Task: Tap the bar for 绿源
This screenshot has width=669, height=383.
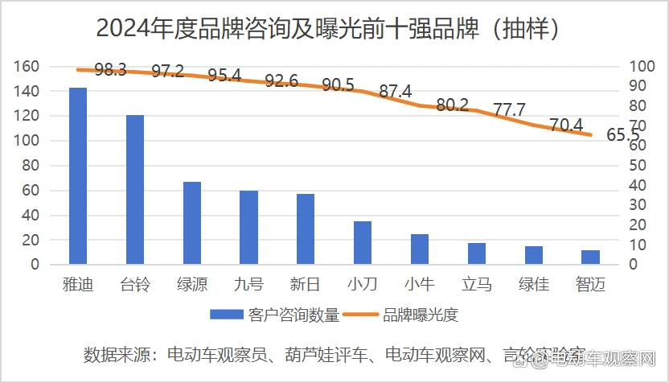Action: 192,223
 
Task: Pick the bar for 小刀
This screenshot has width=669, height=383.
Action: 363,242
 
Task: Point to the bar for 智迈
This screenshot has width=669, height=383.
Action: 590,257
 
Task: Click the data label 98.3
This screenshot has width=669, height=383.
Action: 110,70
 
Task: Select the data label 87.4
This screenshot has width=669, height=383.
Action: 395,92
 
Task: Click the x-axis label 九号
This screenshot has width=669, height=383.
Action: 248,284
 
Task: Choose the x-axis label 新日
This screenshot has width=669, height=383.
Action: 306,284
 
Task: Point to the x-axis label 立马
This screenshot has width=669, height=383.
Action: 477,284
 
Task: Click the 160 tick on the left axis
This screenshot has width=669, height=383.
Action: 27,67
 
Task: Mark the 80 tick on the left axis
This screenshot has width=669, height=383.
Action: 31,166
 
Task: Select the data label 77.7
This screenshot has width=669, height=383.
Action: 509,110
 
